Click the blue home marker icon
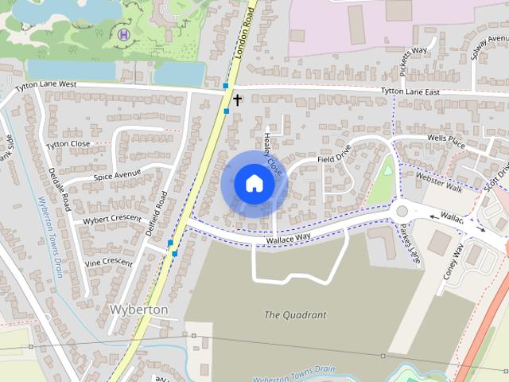click(x=254, y=184)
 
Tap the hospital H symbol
click(x=123, y=33)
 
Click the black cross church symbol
click(x=237, y=99)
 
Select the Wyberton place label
click(x=138, y=309)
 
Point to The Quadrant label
click(x=294, y=314)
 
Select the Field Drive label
click(x=334, y=158)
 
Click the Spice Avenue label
click(x=116, y=175)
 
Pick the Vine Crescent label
click(x=110, y=261)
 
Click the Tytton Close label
click(x=68, y=144)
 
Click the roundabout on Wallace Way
click(x=402, y=212)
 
